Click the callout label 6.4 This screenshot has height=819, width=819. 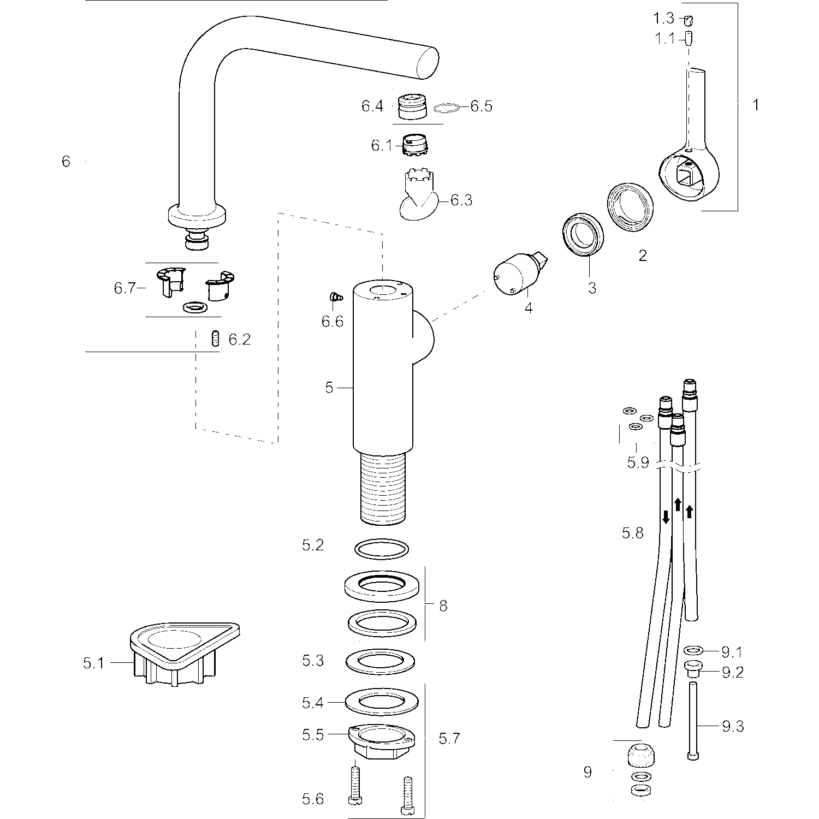click(372, 106)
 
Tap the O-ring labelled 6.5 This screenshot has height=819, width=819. click(446, 109)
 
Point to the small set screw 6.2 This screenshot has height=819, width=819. click(216, 339)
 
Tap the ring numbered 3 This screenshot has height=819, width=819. click(583, 235)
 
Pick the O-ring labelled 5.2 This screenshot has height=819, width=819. click(382, 549)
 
